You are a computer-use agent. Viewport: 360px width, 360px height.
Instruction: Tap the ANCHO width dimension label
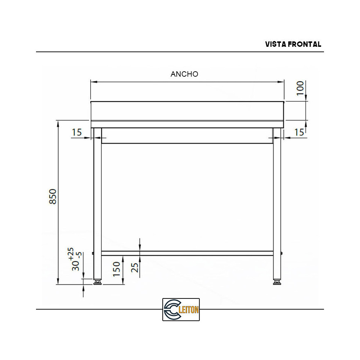184,74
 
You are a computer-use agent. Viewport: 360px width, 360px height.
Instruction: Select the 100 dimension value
300,88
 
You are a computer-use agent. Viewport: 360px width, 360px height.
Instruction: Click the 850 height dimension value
53,197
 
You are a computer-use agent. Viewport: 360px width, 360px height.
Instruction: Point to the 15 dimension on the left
77,132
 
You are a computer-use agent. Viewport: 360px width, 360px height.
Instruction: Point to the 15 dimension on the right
299,132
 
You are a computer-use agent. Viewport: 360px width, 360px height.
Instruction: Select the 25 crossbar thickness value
135,267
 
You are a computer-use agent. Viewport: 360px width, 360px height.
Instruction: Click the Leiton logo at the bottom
181,309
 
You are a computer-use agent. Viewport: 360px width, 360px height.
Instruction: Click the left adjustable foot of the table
97,282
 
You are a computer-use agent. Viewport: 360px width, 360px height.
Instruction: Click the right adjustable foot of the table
277,282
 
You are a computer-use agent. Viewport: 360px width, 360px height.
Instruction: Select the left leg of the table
97,202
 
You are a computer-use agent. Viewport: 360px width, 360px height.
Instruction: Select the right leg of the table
277,202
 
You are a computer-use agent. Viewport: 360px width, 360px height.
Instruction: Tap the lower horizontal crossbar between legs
187,253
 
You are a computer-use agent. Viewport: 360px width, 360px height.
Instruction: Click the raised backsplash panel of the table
187,111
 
